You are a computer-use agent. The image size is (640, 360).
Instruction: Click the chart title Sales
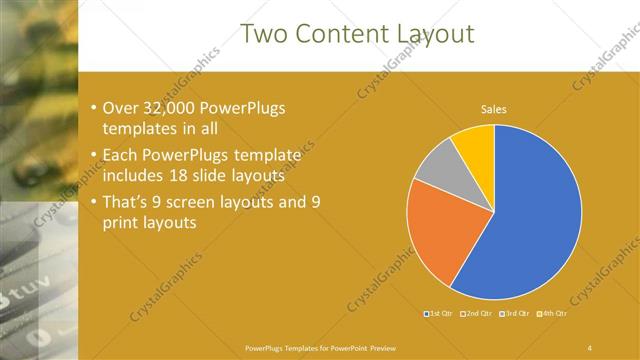coord(494,108)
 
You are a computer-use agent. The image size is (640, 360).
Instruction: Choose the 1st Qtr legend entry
coord(439,314)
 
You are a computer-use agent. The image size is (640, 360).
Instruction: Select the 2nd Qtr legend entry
coord(478,314)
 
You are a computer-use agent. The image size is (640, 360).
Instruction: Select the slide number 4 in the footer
coord(590,347)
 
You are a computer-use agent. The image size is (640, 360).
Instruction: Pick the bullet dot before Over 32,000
coord(93,107)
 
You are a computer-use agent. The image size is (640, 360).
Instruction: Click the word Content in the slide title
coord(339,34)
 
